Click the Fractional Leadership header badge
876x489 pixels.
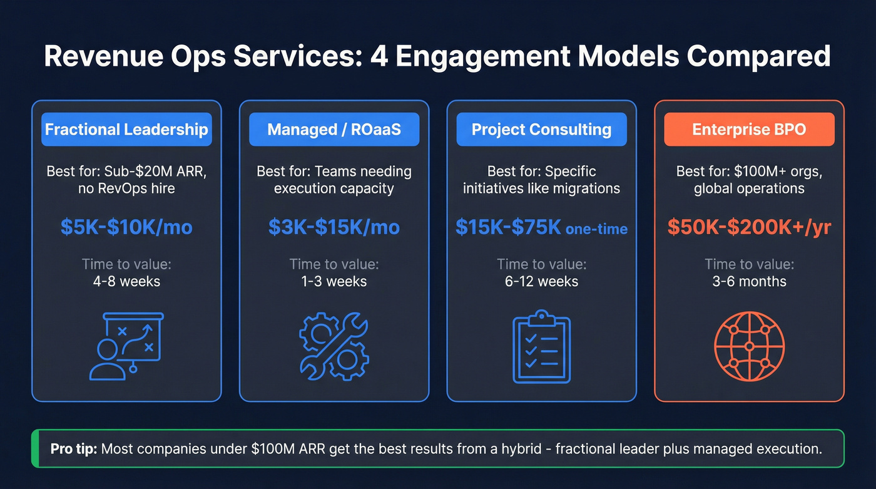(126, 130)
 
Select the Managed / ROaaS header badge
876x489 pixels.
(334, 130)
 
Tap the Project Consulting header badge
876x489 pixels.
(541, 130)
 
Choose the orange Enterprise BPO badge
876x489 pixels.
(749, 130)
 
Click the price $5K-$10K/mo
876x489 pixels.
(126, 227)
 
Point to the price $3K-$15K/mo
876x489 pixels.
(334, 227)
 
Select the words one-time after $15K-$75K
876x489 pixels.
(596, 229)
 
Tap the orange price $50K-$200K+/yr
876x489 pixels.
(749, 227)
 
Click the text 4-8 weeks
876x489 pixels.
(126, 281)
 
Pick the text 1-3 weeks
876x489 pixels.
(334, 281)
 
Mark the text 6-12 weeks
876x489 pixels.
(541, 281)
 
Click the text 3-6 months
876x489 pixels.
(749, 281)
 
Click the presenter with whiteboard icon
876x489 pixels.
(126, 346)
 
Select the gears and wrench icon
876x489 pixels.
(334, 346)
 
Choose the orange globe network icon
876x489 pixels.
(749, 346)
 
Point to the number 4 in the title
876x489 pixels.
(379, 56)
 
